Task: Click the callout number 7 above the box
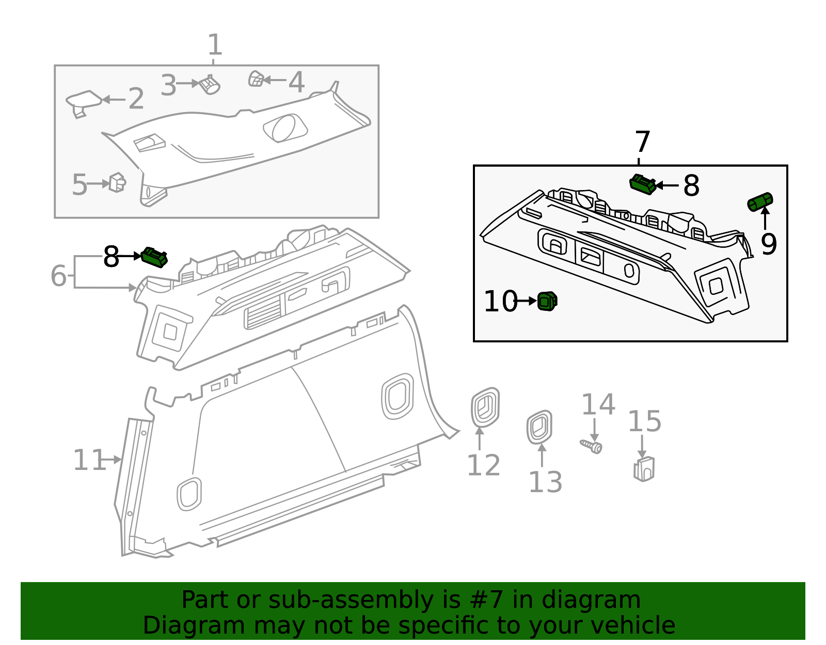(x=642, y=142)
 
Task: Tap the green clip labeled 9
(x=760, y=201)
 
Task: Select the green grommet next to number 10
(x=547, y=301)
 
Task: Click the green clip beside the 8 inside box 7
(x=643, y=184)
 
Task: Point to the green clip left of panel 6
(x=154, y=257)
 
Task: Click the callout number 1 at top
(x=215, y=45)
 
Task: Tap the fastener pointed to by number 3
(x=210, y=85)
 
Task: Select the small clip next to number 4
(x=256, y=79)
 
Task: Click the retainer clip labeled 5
(x=117, y=183)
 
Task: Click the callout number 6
(x=58, y=276)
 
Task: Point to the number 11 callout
(x=89, y=460)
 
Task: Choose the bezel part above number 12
(x=485, y=407)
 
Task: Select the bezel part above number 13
(x=539, y=427)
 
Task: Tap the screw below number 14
(x=592, y=446)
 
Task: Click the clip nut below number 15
(x=644, y=469)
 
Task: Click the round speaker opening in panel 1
(x=285, y=128)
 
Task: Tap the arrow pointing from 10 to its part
(x=526, y=301)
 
